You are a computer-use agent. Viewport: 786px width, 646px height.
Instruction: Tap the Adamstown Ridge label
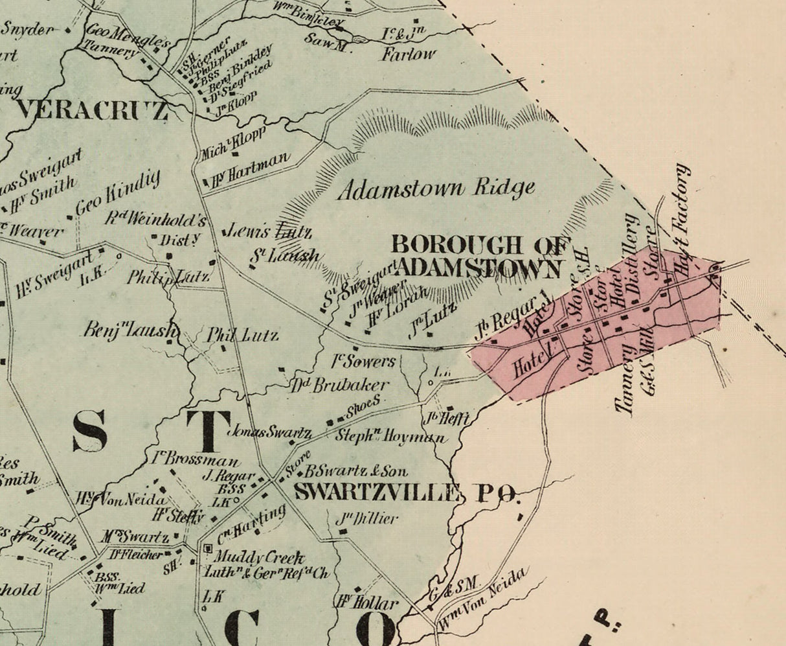coord(436,189)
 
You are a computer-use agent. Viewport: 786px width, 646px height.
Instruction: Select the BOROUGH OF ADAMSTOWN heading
coord(480,256)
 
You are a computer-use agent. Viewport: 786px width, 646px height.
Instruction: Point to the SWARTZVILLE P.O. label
coord(406,493)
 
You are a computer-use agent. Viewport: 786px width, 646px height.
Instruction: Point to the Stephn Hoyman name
coord(390,437)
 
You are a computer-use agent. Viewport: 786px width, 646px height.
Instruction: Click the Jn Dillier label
coord(367,518)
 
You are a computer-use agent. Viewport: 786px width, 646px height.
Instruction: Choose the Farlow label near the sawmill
coord(408,54)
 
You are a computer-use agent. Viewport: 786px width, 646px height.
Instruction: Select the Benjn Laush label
coord(129,329)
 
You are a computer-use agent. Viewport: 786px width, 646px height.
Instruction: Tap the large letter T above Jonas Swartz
coord(208,430)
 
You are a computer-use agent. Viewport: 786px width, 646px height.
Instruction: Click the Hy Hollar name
coord(366,603)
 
